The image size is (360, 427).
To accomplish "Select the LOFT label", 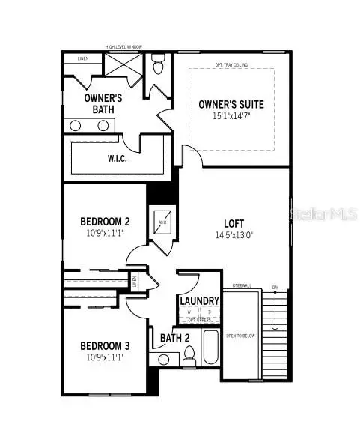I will point(234,223).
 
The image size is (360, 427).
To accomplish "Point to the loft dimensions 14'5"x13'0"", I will point(234,234).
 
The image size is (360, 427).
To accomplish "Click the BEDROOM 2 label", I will point(106,222).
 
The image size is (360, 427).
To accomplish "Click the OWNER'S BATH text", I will point(102,104).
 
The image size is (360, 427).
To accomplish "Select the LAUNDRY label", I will point(200,301).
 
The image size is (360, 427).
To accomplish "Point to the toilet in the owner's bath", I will point(157,66).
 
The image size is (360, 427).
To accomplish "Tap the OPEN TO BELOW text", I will point(241,336).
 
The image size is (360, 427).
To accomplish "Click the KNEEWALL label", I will point(241,286).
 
